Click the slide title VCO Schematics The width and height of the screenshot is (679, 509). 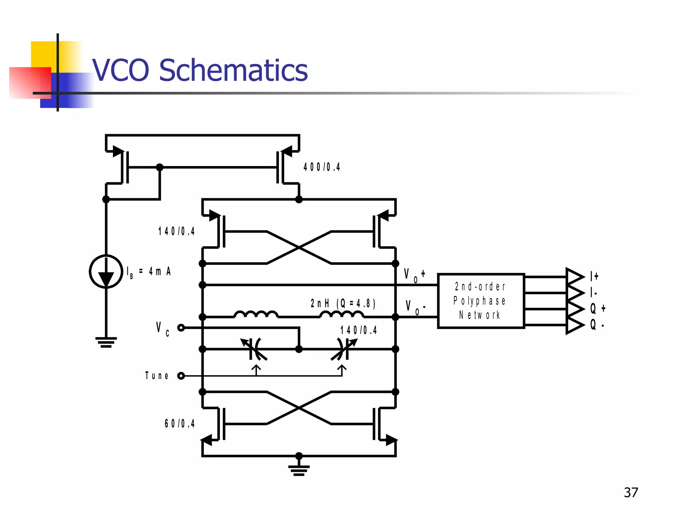click(200, 70)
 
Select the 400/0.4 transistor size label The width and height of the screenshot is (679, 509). click(322, 167)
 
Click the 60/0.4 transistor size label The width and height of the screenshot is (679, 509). click(179, 424)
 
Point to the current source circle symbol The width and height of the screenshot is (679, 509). click(106, 271)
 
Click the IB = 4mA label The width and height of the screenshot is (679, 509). click(149, 272)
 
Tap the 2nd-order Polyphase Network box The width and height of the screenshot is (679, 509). click(481, 301)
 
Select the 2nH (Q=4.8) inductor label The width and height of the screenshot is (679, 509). click(343, 303)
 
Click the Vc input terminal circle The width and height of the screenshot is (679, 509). click(181, 328)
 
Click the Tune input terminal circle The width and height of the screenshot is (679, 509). click(181, 376)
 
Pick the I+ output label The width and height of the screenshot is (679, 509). click(594, 276)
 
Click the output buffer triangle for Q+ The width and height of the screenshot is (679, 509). click(575, 309)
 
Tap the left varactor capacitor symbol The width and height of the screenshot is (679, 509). click(254, 349)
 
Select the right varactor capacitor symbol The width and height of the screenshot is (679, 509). click(343, 349)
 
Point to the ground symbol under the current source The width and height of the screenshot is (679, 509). click(106, 342)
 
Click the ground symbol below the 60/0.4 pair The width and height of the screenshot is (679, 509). click(299, 470)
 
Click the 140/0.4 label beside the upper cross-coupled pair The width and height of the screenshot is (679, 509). click(176, 231)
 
